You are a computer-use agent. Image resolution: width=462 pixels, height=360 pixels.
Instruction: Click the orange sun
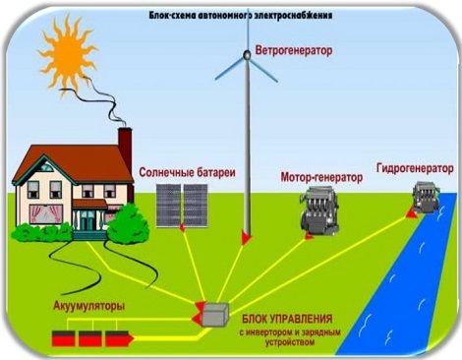(68, 55)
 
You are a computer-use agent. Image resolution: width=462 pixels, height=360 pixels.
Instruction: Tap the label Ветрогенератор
(294, 51)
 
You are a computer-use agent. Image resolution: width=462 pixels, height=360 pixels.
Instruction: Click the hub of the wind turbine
(247, 55)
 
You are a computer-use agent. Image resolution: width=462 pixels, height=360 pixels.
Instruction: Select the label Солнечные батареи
(187, 172)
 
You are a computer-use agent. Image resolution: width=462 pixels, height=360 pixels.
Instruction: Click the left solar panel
(168, 206)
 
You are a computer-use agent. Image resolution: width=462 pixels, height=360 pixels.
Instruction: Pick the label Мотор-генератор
(321, 177)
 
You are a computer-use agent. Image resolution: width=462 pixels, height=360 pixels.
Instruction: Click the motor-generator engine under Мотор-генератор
(319, 210)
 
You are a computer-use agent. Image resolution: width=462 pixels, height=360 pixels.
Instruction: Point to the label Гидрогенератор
(415, 168)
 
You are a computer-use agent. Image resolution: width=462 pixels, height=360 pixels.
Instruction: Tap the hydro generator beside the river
(425, 197)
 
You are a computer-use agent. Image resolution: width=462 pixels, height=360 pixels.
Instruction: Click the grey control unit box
(215, 315)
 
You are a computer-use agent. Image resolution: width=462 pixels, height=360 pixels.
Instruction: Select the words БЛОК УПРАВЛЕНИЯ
(287, 319)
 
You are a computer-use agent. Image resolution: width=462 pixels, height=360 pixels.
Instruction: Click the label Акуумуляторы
(88, 306)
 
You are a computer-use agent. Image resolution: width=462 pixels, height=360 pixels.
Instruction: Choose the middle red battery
(90, 338)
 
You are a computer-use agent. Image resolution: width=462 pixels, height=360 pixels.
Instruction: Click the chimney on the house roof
(125, 146)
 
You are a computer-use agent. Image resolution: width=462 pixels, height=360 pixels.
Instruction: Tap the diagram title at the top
(241, 16)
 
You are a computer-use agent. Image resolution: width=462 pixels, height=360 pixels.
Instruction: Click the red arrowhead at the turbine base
(247, 237)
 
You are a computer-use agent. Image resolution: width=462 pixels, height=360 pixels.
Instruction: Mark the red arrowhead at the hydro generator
(412, 213)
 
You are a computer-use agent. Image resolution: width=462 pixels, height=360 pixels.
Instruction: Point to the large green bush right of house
(128, 224)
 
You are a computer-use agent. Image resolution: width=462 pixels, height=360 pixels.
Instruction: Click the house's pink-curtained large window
(46, 213)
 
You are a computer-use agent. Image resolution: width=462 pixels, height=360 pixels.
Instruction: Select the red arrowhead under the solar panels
(182, 228)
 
